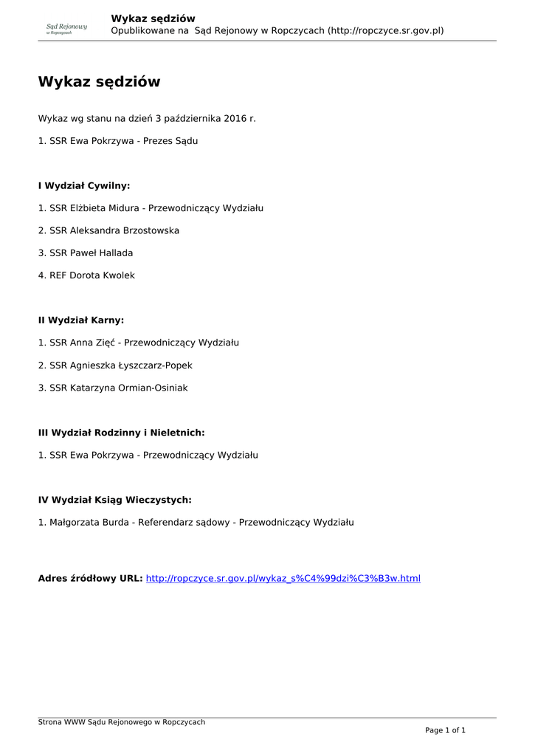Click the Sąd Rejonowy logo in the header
(66, 29)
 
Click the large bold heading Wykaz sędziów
(99, 82)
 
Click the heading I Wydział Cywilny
(84, 186)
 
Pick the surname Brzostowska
(146, 230)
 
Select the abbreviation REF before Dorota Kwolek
(58, 275)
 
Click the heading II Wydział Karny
(81, 320)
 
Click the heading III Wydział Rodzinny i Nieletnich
(121, 433)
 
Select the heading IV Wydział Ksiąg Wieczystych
(114, 500)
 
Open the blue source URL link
(283, 578)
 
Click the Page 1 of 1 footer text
(445, 730)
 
